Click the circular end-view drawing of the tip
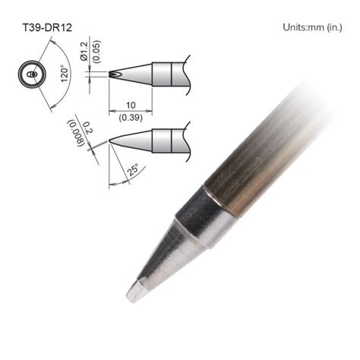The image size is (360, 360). tap(30, 76)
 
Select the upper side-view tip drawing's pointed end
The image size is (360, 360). tap(113, 74)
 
